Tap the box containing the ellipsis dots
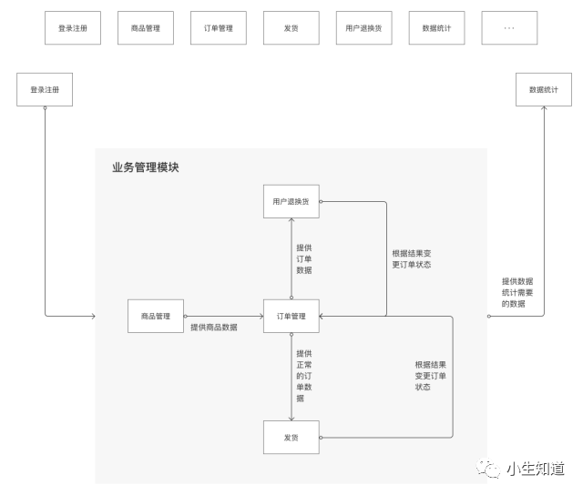pos(509,28)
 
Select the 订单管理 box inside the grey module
pos(291,316)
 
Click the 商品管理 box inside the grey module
pos(156,316)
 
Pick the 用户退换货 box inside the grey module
pos(291,201)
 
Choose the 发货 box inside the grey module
pos(291,438)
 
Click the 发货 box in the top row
pos(291,28)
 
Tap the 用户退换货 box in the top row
pos(363,28)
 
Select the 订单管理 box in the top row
pos(219,28)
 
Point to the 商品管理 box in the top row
pos(146,28)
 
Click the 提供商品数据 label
pos(213,328)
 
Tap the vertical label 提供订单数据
pos(303,258)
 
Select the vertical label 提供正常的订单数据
pos(303,376)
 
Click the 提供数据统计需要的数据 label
pos(517,292)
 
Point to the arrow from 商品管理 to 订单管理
pos(223,316)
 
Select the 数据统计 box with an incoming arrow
pos(544,90)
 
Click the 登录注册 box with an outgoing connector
pos(44,90)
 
